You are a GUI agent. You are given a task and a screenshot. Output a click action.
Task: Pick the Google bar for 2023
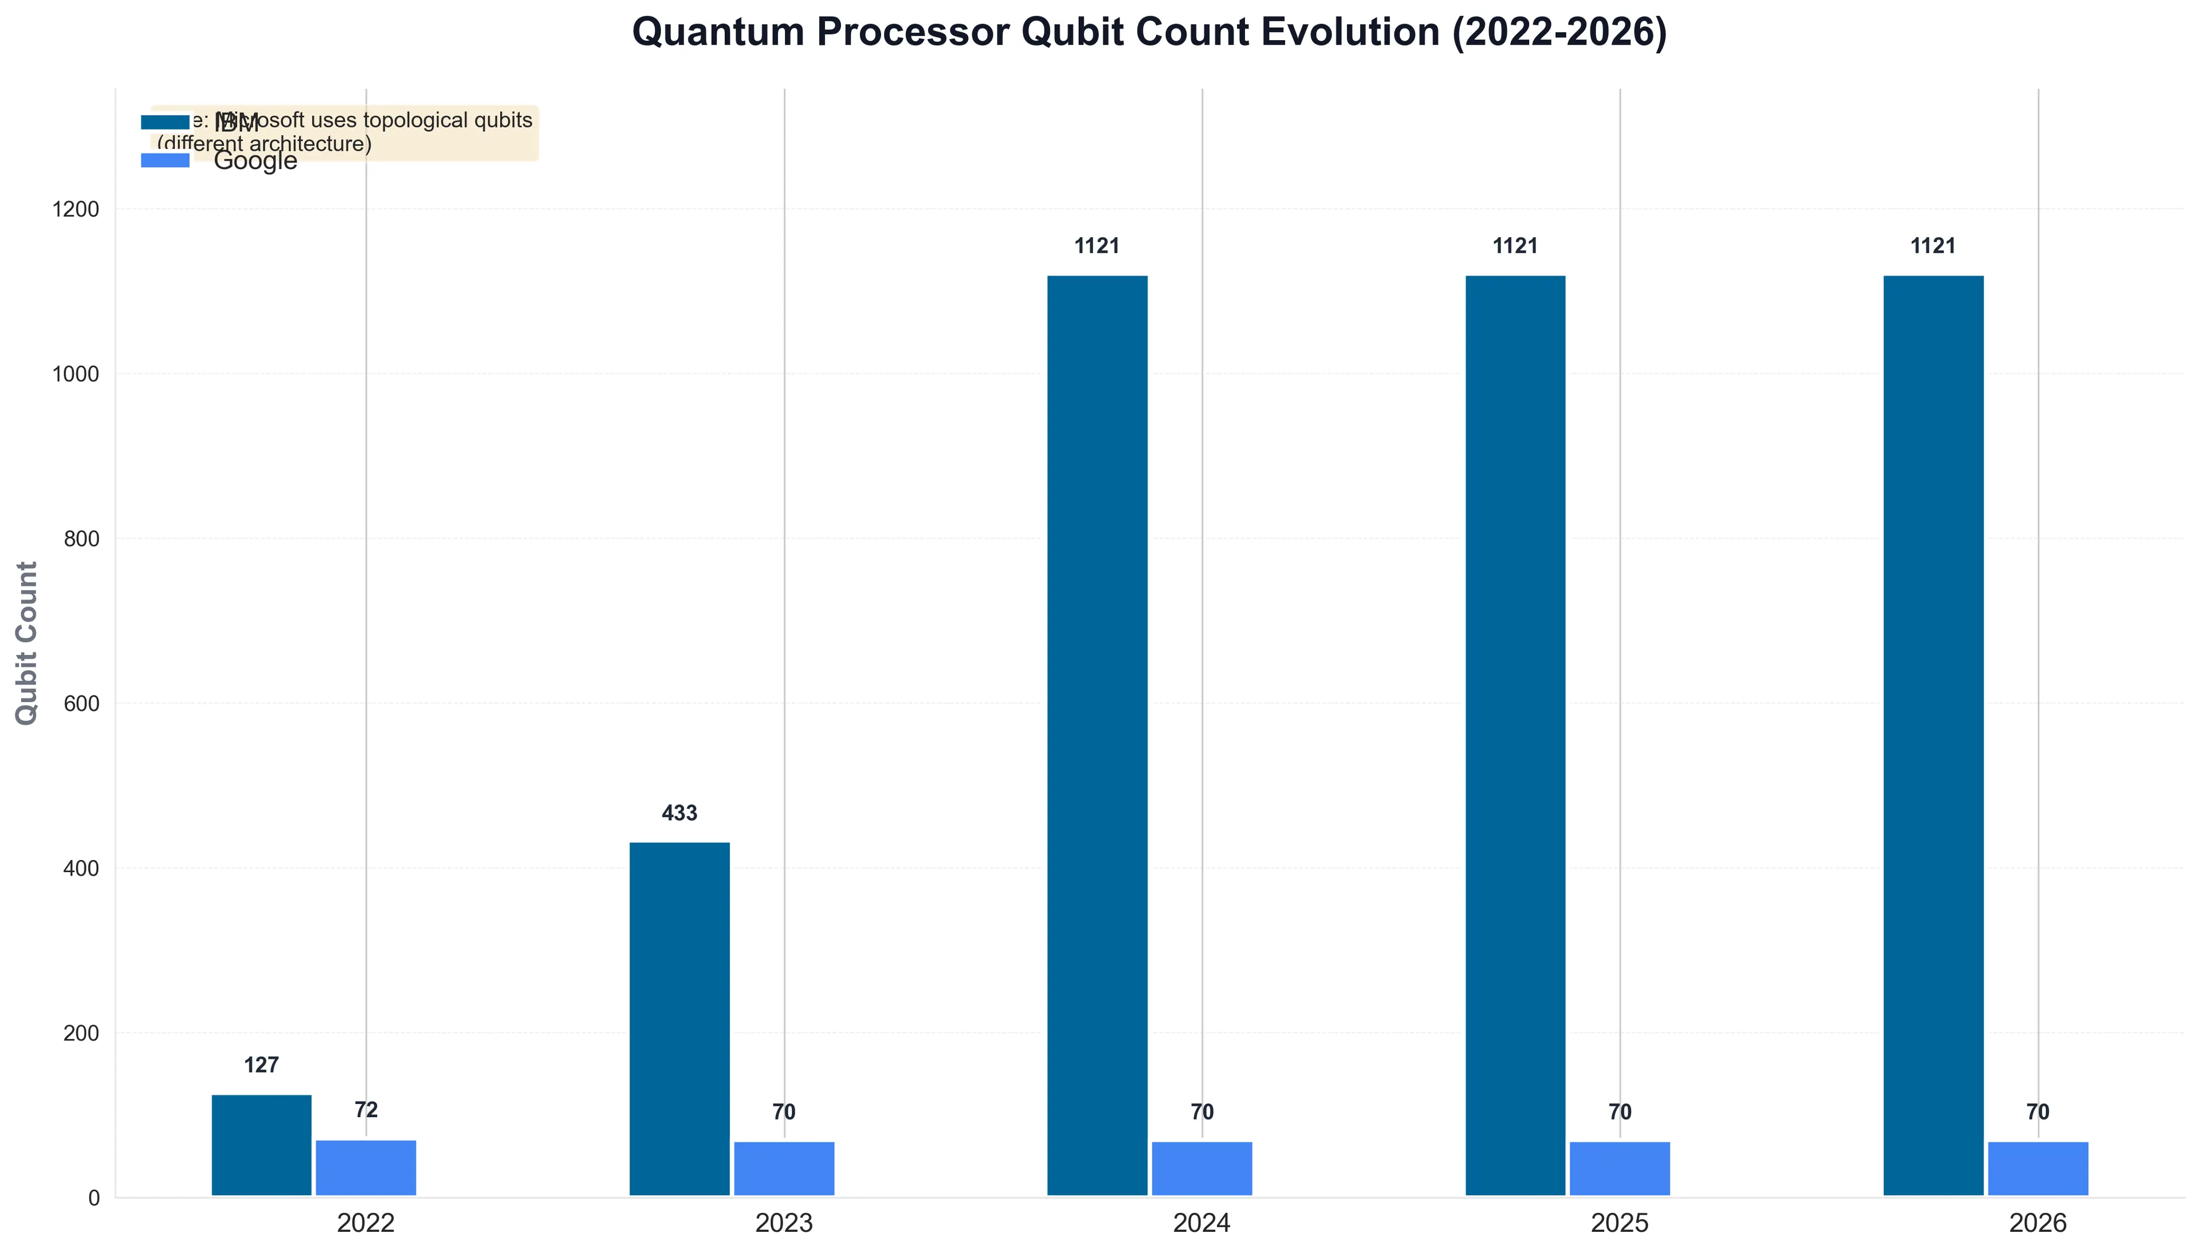pos(783,1169)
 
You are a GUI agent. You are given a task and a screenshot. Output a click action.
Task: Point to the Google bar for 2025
pos(1619,1169)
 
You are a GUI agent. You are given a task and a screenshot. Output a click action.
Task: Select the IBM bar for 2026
pos(1932,735)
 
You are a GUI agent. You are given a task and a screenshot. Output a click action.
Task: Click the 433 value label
pos(679,813)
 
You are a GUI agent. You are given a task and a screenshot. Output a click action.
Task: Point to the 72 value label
pos(366,1110)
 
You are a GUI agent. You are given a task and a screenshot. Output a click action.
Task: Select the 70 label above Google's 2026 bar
pos(2037,1112)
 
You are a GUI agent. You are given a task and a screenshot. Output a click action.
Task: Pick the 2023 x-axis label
pos(783,1223)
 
